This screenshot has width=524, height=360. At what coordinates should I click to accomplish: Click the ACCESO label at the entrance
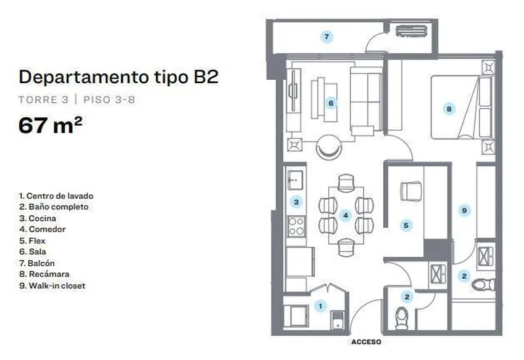click(366, 342)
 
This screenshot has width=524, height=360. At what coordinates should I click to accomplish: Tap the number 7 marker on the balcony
click(326, 37)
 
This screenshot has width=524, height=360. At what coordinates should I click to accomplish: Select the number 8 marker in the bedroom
click(449, 109)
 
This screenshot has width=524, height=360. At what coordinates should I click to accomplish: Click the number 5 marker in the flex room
click(406, 225)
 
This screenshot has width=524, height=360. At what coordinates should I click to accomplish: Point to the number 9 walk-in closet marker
click(464, 210)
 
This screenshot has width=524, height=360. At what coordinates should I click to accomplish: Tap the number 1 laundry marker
click(320, 306)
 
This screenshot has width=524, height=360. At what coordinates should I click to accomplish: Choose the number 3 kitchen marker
click(296, 202)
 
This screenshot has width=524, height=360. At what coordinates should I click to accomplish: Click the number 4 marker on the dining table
click(346, 215)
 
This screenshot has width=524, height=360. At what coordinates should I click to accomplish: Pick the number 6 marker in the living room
click(331, 103)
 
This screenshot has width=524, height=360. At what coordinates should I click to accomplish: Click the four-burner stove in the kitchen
click(297, 226)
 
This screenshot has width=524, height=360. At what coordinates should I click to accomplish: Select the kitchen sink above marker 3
click(295, 180)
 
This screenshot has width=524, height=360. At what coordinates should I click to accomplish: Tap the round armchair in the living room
click(329, 147)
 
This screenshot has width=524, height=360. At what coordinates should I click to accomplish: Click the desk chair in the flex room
click(411, 191)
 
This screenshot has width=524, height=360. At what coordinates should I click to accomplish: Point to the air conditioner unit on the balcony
click(412, 31)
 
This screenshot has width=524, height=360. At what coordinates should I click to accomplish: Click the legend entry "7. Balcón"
click(37, 263)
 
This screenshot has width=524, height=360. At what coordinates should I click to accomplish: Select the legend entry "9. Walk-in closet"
click(52, 286)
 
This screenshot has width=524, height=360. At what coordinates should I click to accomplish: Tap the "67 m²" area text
click(50, 125)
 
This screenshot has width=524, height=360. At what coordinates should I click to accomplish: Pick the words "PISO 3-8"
click(109, 99)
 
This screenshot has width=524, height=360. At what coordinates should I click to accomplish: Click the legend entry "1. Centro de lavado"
click(56, 196)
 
